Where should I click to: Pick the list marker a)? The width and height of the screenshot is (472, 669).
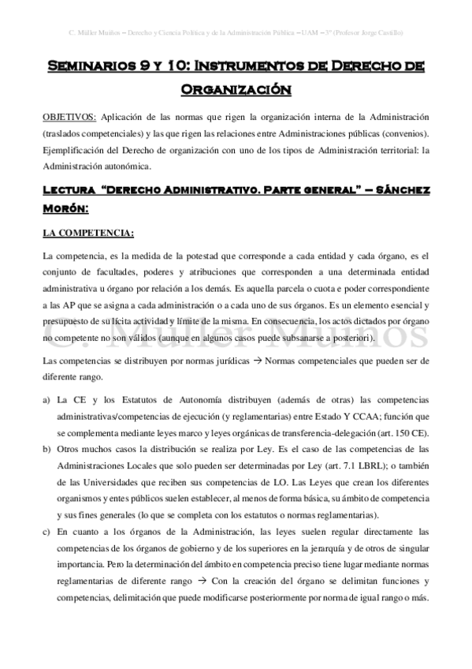coord(48,398)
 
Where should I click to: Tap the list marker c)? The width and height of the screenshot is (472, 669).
coord(48,533)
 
